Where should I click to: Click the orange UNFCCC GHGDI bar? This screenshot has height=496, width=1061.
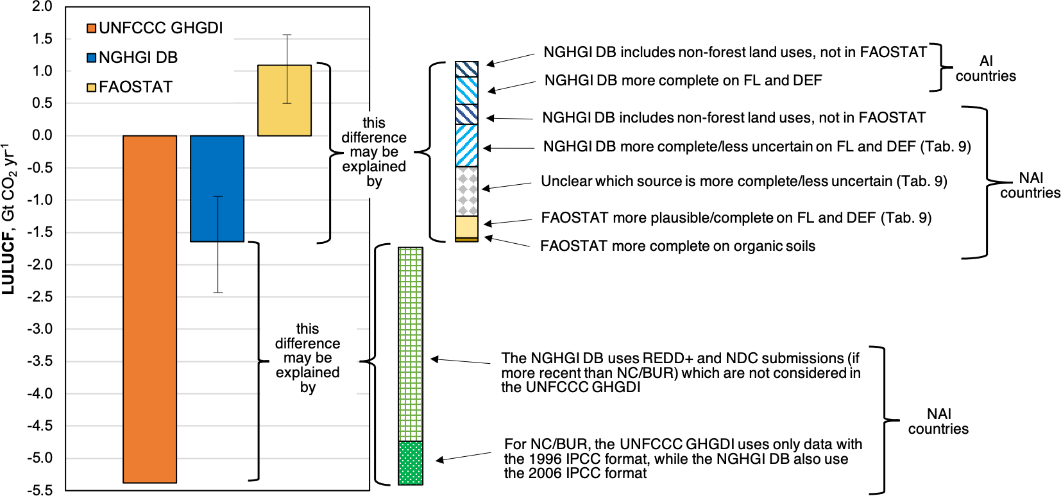pos(149,309)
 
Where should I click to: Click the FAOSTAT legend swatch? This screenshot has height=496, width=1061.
pos(92,87)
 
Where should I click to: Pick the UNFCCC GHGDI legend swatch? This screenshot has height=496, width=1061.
pos(92,28)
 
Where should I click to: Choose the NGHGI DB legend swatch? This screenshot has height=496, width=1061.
pos(92,58)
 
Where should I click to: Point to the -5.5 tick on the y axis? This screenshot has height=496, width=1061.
pos(39,490)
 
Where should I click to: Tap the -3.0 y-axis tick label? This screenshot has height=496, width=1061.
pos(39,329)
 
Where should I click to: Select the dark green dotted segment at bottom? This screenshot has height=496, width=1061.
pos(411,463)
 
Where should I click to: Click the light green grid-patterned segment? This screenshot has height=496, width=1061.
pos(411,344)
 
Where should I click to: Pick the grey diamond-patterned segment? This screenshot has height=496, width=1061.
pos(466,191)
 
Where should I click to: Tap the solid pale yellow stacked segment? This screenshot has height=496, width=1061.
pos(466,227)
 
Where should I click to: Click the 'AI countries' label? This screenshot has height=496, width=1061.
pos(985,69)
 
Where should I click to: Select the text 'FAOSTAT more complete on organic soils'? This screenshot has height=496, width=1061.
pos(677,246)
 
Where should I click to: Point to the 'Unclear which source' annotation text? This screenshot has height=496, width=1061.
pos(743,182)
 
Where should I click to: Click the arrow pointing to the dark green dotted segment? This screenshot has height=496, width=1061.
pos(463,457)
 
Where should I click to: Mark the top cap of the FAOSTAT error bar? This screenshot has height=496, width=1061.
pos(287,35)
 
